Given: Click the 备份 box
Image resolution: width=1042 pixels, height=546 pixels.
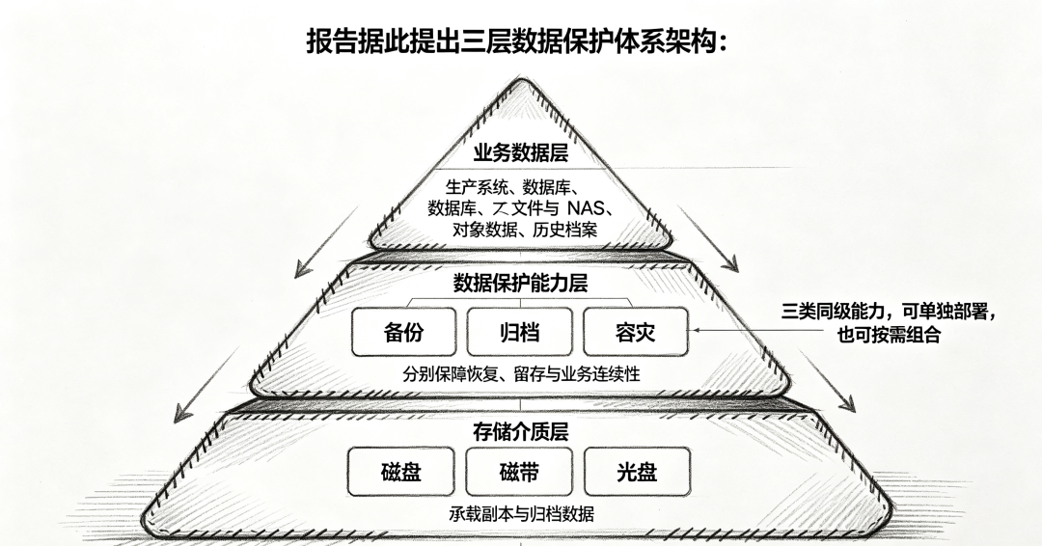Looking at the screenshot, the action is pos(403,332).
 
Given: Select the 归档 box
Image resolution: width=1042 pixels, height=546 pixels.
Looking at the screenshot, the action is pos(519,332).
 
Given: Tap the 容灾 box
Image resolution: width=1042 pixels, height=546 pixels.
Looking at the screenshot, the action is pos(635,332).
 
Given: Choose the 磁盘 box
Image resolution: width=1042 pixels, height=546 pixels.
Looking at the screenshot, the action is pos(400,472).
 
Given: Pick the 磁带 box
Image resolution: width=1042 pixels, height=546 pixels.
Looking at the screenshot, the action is pos(518,472).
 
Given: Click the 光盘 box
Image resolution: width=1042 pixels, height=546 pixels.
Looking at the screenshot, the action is pos(637,472).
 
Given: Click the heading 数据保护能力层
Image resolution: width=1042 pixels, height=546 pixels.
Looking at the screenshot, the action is pos(520,284).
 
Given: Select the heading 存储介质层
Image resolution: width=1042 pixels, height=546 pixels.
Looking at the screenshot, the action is pos(520,432).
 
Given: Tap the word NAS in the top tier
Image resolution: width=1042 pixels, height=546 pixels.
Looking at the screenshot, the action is pos(586,208).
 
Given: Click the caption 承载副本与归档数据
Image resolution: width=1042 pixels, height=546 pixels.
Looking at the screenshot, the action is pos(520,513).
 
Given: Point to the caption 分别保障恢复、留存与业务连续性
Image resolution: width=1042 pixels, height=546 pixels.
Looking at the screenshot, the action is pos(521,374).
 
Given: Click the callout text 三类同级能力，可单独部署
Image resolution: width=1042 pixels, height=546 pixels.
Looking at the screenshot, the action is pos(889,311).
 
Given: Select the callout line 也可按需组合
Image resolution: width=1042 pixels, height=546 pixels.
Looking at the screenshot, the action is pos(889,334).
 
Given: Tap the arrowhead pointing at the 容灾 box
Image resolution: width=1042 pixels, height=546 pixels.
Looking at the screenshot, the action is pos(695,330).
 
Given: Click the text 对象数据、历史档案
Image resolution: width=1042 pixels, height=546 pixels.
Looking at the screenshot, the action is pos(524,230).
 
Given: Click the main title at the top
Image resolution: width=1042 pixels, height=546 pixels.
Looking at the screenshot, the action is pos(517,41).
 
